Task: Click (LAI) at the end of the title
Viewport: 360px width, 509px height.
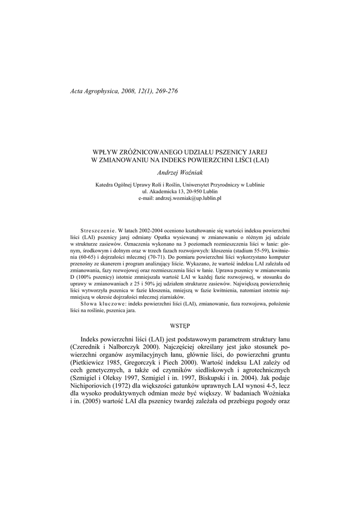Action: (261, 160)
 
